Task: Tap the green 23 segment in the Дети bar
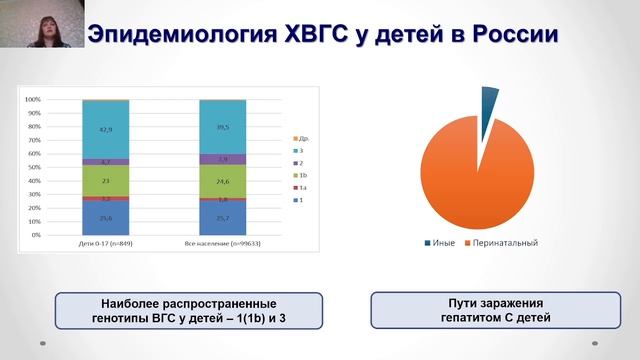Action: pyautogui.click(x=105, y=180)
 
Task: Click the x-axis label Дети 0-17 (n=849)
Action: pyautogui.click(x=105, y=244)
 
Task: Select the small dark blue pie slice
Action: pyautogui.click(x=489, y=101)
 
